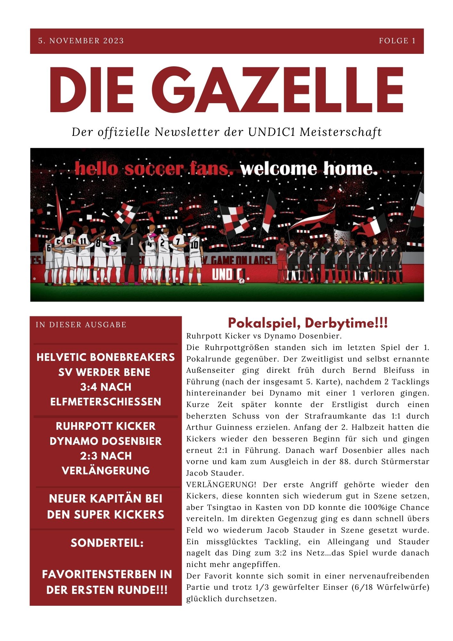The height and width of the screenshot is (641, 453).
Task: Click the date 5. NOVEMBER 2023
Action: point(81,41)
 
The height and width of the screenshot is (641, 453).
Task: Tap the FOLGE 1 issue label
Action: point(397,41)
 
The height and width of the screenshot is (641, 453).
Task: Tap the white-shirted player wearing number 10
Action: point(194,255)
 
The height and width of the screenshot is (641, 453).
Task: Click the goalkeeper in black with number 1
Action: point(132,253)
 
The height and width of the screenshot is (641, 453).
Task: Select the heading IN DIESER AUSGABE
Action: point(81,325)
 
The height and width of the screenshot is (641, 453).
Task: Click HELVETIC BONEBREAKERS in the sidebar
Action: point(106,357)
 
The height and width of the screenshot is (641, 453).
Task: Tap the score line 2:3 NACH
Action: point(106,456)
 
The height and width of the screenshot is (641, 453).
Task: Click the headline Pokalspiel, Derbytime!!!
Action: point(308,323)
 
